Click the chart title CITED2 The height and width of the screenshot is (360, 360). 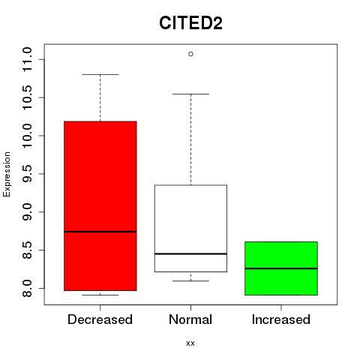190,22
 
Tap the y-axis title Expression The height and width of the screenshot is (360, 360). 7,174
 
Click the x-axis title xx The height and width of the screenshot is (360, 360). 190,343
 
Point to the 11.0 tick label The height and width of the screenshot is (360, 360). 27,59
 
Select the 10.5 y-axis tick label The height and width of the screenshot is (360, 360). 27,97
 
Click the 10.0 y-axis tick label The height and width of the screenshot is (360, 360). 27,136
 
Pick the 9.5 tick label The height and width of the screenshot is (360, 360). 27,174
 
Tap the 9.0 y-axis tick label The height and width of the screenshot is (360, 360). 27,212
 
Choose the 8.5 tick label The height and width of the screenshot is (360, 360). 27,250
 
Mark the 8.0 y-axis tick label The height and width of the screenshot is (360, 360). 27,288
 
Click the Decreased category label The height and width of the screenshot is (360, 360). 100,319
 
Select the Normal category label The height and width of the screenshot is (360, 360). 190,319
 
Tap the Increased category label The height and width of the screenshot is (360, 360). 281,319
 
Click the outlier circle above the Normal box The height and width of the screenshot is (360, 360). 190,54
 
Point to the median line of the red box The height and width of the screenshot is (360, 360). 100,232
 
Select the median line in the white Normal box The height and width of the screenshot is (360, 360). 190,253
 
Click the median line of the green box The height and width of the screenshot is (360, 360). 281,268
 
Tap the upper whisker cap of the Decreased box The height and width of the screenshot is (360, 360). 100,74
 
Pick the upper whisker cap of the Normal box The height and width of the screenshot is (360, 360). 190,94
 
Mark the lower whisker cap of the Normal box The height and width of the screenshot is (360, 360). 190,281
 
